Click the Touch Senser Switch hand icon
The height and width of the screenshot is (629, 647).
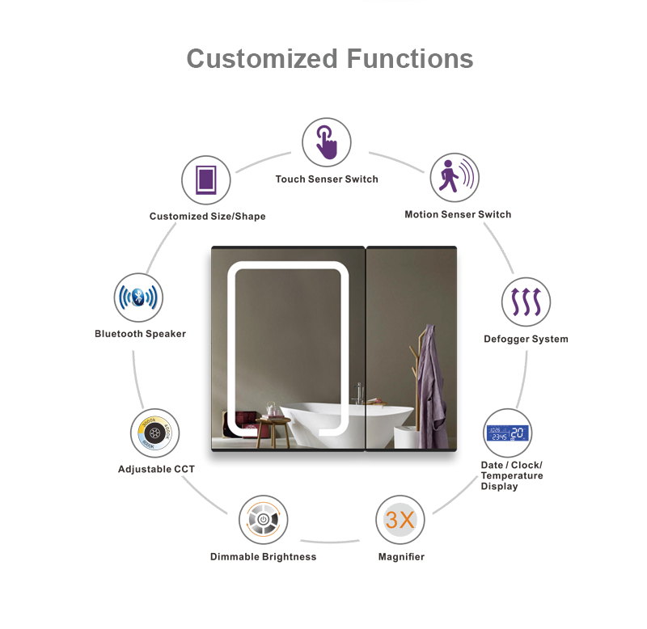point(327,142)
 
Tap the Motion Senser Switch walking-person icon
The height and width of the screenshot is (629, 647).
point(454,178)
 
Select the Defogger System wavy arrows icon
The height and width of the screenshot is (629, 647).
point(526,302)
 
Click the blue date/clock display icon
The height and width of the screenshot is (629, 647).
point(507,434)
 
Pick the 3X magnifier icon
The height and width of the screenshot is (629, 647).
point(400,520)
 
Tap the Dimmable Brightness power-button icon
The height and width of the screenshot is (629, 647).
point(264,520)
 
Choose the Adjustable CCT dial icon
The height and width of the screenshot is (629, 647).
point(154,433)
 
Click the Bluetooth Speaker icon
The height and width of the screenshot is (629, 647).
point(138,298)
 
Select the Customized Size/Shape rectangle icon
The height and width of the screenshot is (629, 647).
point(206,179)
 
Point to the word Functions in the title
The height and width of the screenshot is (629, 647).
point(410,59)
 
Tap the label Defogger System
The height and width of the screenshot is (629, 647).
point(526,339)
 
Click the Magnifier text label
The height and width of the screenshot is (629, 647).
point(401,557)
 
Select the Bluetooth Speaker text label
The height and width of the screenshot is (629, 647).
point(140,334)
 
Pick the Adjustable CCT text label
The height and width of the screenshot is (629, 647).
point(156,469)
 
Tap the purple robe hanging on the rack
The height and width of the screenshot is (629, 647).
point(433,380)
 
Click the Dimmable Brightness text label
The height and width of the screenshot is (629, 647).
point(263,557)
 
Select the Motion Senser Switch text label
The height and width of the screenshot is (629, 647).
point(458,214)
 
